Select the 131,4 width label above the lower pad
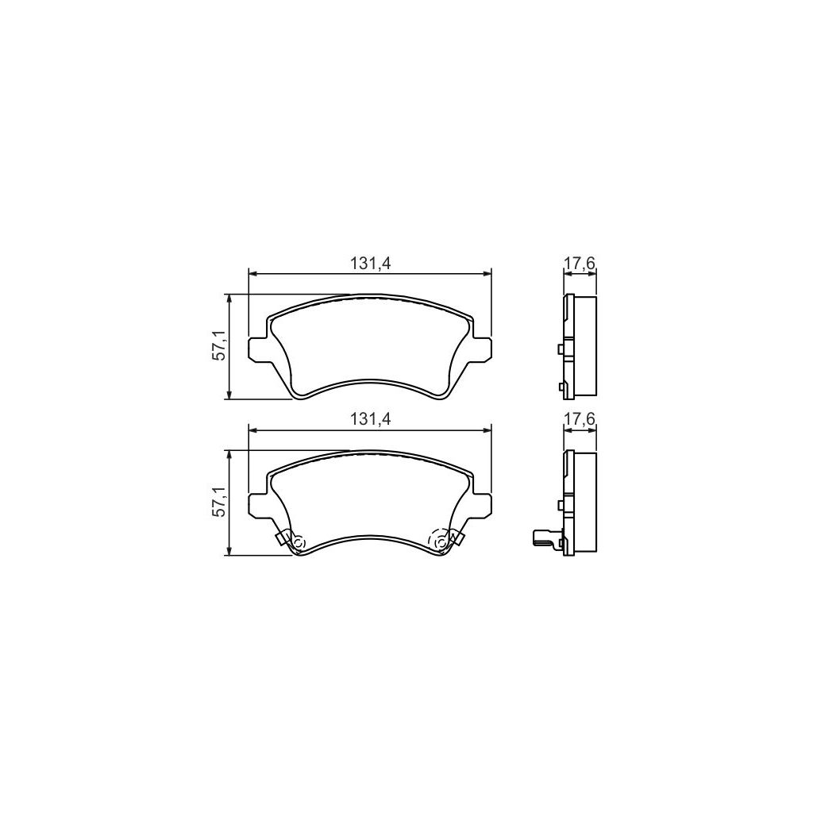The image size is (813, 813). (370, 419)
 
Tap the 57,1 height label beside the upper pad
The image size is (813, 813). (219, 347)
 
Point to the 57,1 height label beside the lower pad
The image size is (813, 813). (219, 503)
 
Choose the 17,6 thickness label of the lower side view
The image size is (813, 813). (580, 419)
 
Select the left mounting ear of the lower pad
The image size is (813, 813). (258, 504)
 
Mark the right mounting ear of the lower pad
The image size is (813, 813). (482, 504)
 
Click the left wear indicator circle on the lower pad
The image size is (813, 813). (299, 542)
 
